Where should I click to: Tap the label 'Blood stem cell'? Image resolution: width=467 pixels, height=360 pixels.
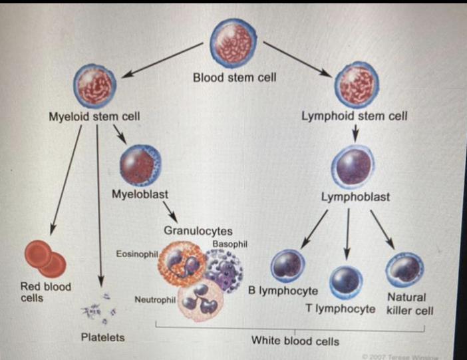234,77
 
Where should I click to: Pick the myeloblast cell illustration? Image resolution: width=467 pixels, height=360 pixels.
140,165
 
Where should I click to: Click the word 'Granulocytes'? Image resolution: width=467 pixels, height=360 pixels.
198,231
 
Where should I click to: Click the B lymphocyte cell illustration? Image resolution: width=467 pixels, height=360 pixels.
288,265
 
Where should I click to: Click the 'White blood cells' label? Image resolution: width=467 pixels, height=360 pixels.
295,341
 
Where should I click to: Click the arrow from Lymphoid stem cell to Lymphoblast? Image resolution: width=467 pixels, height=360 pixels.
355,134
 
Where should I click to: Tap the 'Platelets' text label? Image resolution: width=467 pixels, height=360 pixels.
102,337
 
